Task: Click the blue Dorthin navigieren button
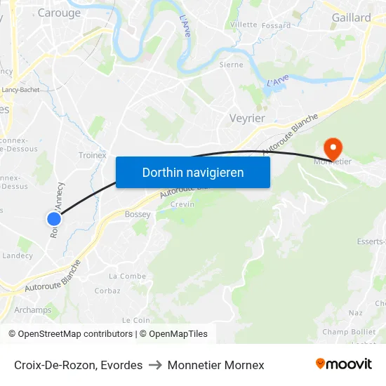click(x=193, y=172)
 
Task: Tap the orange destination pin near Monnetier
click(x=332, y=148)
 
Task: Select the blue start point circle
click(x=54, y=219)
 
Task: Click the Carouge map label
click(x=59, y=13)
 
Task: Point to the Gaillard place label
click(x=351, y=18)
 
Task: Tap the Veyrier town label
click(x=247, y=118)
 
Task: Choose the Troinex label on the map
click(x=92, y=155)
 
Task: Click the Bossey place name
click(x=138, y=214)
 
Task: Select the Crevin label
click(x=182, y=205)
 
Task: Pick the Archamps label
click(x=33, y=310)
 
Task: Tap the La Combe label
click(x=128, y=277)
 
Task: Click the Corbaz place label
click(x=107, y=291)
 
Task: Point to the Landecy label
click(x=18, y=255)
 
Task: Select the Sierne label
click(x=231, y=65)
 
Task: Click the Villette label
click(x=244, y=24)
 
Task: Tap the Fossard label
click(x=276, y=25)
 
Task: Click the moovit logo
click(x=343, y=364)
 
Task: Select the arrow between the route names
click(x=155, y=365)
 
